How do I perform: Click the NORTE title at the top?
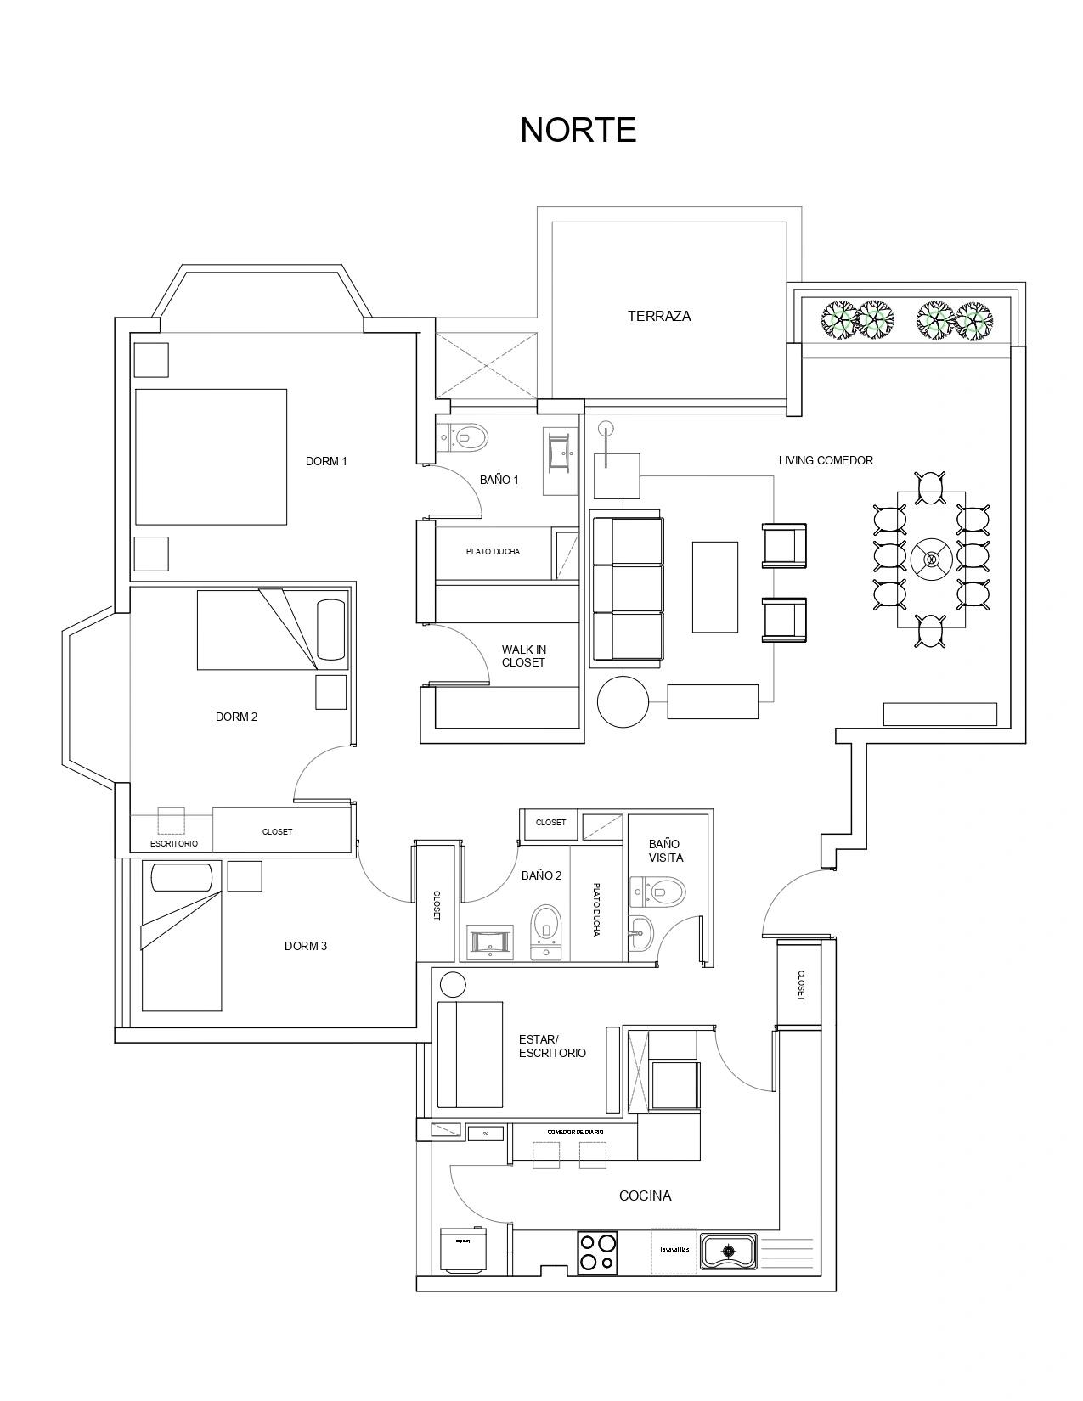coord(578,130)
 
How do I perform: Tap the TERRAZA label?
coord(658,316)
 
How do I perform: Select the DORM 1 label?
coord(326,461)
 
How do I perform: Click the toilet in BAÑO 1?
coord(464,437)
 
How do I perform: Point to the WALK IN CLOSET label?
coord(523,656)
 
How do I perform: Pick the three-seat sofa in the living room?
coord(627,588)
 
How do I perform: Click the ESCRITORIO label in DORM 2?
coord(173,843)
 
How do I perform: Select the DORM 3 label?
coord(305,946)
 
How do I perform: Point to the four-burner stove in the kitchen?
coord(597,1252)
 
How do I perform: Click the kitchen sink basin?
coord(728,1251)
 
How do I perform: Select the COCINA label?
coord(645,1196)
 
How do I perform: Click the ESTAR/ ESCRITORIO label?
coord(552,1046)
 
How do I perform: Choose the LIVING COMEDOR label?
coord(825,460)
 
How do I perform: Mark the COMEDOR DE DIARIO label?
coord(575,1131)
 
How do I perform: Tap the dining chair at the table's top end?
coord(931,487)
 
